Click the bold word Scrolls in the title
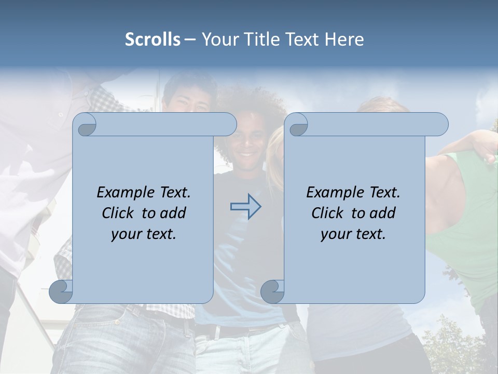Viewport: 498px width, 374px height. click(x=153, y=39)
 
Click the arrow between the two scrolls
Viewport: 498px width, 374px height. click(x=245, y=206)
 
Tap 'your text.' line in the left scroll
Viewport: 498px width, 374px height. click(x=144, y=234)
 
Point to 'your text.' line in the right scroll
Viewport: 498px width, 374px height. click(x=353, y=234)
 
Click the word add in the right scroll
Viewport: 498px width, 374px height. click(x=382, y=213)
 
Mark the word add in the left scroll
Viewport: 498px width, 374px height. click(x=172, y=213)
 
